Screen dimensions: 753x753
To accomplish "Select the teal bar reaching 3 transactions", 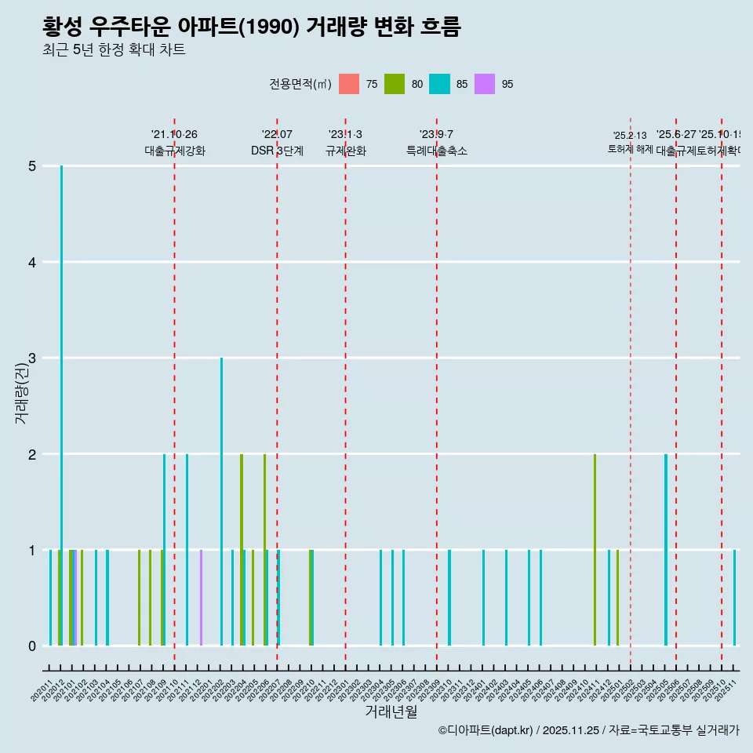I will [221, 502].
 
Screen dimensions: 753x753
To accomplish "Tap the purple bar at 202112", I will [201, 598].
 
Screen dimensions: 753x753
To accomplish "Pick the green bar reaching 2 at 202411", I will [595, 549].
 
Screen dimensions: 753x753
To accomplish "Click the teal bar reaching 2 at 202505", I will [666, 549].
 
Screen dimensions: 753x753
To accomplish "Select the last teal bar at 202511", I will [734, 598].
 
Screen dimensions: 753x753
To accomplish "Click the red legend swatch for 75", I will [349, 84].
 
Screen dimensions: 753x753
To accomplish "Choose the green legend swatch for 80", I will [395, 84].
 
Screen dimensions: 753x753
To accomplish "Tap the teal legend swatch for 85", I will [439, 84].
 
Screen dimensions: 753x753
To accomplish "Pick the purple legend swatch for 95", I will [485, 84].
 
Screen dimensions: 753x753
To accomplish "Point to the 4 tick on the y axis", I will [32, 262].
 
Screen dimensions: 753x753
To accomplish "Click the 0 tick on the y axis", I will [32, 646].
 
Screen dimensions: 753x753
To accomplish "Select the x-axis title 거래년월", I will [391, 711].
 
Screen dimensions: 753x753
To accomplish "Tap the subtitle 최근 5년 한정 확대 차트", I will [114, 51].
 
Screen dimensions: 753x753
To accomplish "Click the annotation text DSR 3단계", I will [277, 151].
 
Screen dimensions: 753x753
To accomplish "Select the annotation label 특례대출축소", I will [436, 151].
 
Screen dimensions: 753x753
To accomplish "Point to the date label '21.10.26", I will [174, 134].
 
